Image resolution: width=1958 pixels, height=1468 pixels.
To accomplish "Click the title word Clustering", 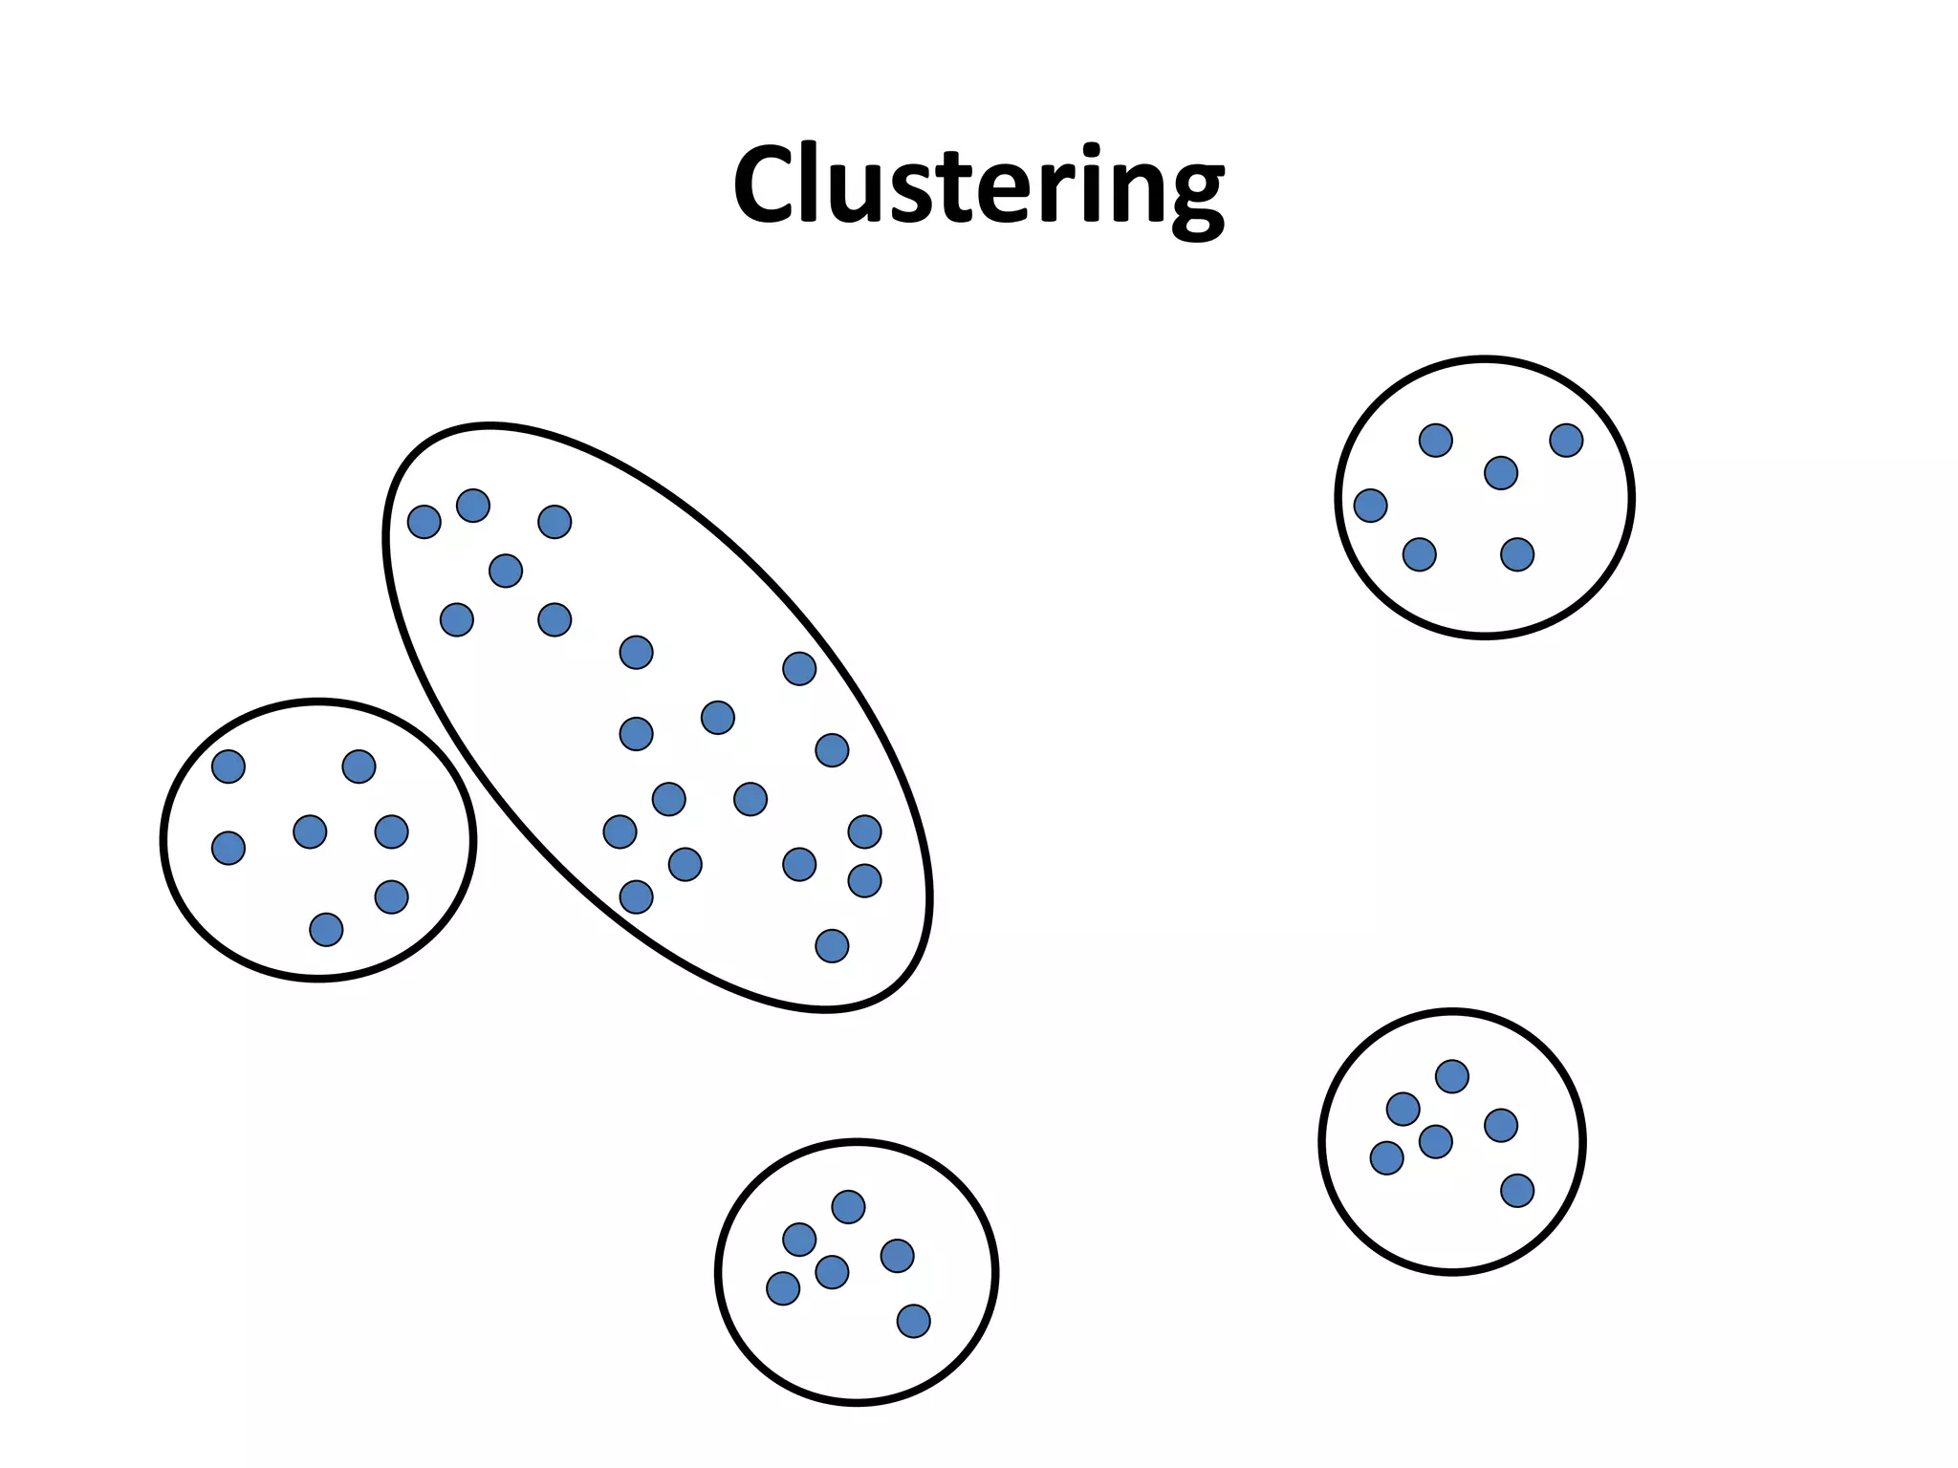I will point(978,186).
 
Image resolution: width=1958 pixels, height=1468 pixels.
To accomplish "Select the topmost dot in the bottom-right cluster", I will point(1451,1076).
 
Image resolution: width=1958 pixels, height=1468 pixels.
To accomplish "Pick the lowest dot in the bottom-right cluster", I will point(1517,1191).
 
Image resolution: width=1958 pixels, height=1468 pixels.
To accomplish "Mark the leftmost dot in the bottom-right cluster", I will point(1386,1158).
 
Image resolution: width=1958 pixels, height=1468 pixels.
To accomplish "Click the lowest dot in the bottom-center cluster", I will point(913,1321).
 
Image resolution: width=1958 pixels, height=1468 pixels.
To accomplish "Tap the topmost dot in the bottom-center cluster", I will point(848,1207).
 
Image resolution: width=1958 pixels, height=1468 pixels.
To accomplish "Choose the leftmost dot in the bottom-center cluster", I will point(783,1288).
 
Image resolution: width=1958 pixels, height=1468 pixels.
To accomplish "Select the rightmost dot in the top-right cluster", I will point(1566,441).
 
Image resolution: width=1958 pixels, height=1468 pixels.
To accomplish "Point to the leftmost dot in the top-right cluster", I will point(1370,506).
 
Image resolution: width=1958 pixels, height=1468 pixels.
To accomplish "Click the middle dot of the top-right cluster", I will point(1501,473).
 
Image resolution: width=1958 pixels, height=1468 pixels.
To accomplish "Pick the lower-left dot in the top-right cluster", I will point(1419,554).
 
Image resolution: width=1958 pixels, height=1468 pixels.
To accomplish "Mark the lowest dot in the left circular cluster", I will point(326,929).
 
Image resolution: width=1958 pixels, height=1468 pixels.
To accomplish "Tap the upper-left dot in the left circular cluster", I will point(228,766).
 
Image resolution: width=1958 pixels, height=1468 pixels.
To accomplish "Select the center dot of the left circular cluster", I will point(310,831).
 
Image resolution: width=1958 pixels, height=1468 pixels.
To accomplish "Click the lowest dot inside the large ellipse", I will point(832,946).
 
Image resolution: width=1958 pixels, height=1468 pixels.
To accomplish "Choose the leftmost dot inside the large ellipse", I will point(424,522).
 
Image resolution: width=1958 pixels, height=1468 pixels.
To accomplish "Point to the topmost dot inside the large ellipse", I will point(473,506).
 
